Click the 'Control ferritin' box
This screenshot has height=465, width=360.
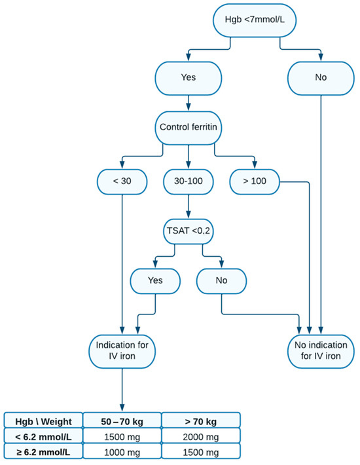click(x=189, y=125)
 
